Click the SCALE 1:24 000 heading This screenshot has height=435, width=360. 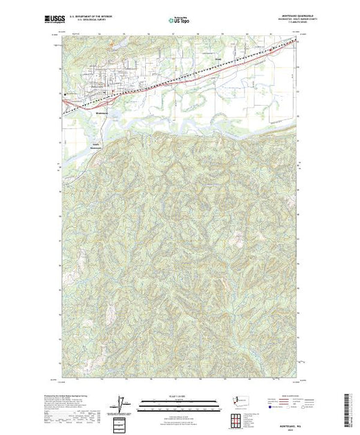(x=180, y=396)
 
